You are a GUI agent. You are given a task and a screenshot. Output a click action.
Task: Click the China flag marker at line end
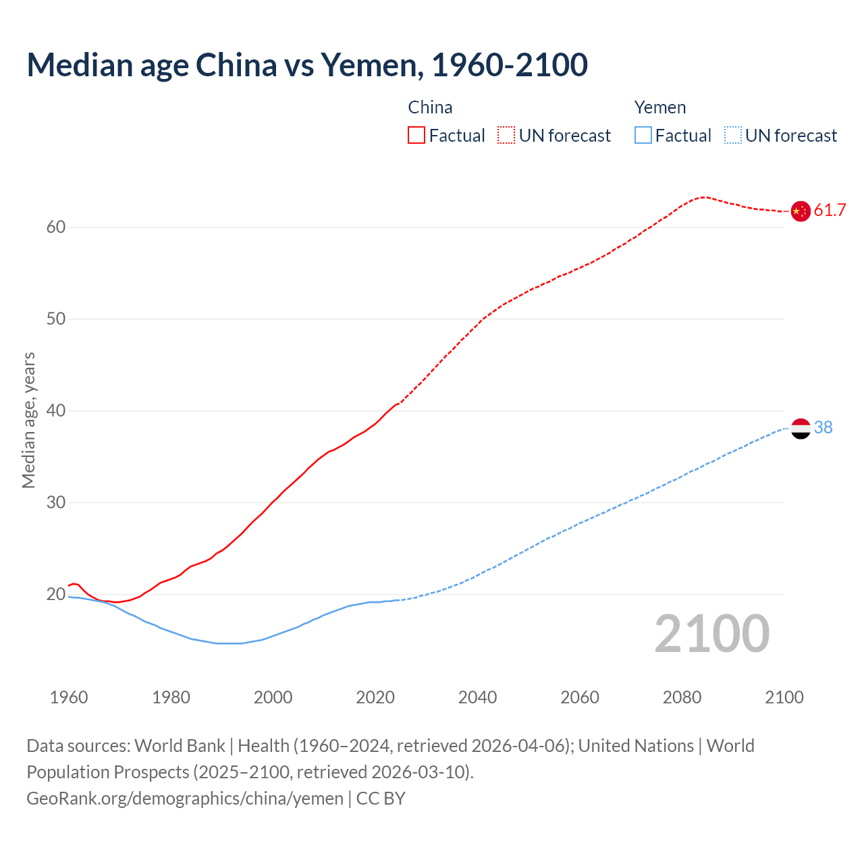tap(801, 211)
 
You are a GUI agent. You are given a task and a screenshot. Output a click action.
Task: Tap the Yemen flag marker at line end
tap(801, 428)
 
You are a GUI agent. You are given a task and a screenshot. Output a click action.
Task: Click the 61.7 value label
tap(830, 211)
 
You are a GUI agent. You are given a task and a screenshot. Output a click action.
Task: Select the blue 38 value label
tap(823, 428)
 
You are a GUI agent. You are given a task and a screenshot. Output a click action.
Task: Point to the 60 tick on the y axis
tap(56, 227)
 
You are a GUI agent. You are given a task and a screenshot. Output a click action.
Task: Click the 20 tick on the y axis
tap(56, 595)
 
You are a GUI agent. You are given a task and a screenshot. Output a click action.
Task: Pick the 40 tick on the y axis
tap(56, 411)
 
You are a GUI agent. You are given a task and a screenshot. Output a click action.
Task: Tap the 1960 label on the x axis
tap(69, 697)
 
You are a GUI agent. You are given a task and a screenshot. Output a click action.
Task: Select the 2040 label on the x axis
tap(477, 697)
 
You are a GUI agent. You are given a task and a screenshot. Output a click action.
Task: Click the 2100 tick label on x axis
tap(784, 697)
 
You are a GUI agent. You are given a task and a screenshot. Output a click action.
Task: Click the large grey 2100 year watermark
tap(711, 634)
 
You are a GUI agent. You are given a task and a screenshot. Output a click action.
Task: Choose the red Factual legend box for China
tap(416, 136)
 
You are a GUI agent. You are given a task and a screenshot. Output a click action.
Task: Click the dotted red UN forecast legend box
tap(506, 136)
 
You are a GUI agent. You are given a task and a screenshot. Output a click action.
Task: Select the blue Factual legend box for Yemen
tap(643, 136)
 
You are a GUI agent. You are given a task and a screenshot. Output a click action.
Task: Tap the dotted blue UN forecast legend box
tap(732, 136)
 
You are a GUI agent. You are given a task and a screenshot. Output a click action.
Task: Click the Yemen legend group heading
tap(659, 108)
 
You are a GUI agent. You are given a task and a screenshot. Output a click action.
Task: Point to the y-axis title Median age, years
tap(28, 420)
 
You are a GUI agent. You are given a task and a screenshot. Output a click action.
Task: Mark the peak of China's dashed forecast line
tap(704, 197)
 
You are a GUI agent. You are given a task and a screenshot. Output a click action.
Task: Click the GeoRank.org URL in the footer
tap(185, 799)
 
